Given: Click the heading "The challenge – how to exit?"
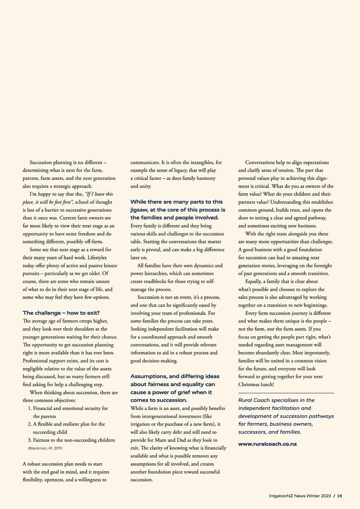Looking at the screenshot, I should pos(61,313).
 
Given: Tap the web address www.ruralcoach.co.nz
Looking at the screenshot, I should pos(267,444).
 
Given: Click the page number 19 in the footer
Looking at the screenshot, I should pos(340,496).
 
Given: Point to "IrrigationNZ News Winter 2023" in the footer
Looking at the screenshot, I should pos(300,496).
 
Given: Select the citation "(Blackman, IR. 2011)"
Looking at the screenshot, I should pos(46,448).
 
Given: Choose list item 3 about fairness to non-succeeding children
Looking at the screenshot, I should pos(71,440).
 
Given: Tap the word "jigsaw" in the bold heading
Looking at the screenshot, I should pos(141,209).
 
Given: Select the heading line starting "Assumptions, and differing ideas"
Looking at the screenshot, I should pos(175,376).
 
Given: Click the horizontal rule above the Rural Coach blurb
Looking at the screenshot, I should pos(286,393).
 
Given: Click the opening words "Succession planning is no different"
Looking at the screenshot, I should pos(68,162).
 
